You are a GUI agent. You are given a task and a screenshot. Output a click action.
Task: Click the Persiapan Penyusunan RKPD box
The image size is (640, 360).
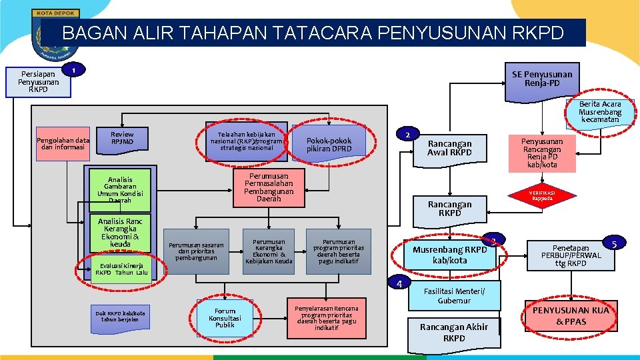(x=38, y=82)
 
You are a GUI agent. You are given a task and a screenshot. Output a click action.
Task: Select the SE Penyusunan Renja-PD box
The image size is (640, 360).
(x=541, y=79)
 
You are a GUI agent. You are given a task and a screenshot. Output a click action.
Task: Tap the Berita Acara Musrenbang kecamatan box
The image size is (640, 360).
(x=599, y=113)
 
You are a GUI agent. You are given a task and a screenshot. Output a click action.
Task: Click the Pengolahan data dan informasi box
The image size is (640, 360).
(x=63, y=144)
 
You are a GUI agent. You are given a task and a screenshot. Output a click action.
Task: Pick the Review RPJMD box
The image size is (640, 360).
(x=122, y=138)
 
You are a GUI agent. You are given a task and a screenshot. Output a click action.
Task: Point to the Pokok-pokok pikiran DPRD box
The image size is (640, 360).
(x=329, y=145)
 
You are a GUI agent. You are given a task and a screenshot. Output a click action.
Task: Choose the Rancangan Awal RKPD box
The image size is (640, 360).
(x=449, y=148)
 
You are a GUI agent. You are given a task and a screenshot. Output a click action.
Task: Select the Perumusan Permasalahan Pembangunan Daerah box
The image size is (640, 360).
(x=265, y=187)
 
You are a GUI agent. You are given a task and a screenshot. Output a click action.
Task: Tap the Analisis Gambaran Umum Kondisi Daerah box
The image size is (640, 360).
(x=120, y=190)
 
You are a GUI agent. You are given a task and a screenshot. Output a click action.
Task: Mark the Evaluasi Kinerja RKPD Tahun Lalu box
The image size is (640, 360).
(x=121, y=269)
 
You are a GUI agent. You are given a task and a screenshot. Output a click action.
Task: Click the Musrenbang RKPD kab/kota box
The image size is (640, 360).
(x=449, y=255)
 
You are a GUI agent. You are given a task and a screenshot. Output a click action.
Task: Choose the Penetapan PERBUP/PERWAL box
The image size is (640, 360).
(x=571, y=255)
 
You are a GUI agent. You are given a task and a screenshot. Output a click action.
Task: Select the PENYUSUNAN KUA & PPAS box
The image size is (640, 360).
(x=571, y=316)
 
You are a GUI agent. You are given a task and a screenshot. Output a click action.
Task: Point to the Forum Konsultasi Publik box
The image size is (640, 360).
(x=225, y=318)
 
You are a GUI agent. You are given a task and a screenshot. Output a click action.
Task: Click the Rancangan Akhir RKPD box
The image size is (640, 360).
(x=454, y=332)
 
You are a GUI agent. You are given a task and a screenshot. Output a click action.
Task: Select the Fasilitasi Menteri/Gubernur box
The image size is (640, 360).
(x=453, y=295)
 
